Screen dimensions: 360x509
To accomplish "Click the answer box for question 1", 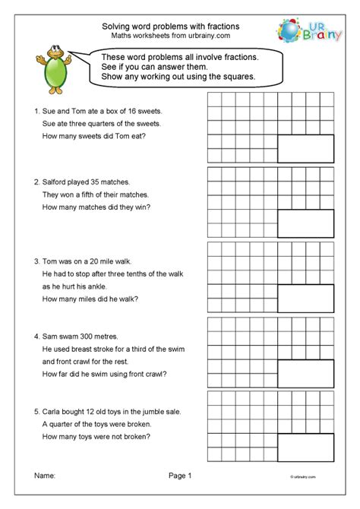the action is (305, 148).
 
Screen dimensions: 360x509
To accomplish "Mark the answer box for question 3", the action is (305, 299).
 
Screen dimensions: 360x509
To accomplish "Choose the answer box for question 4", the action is (305, 374).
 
